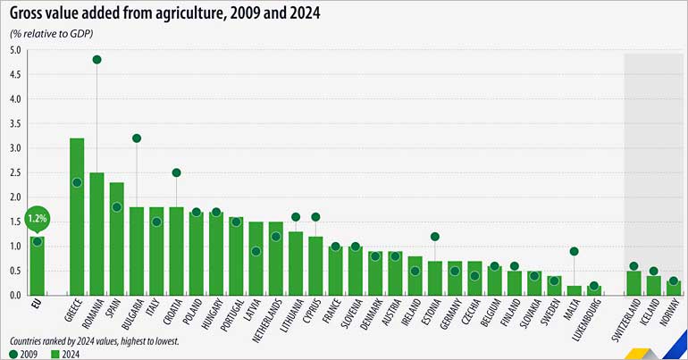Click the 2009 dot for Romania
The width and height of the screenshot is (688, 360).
click(x=96, y=60)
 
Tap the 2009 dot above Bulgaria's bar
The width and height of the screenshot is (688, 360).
click(x=137, y=138)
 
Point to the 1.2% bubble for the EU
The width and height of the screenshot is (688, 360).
click(x=37, y=218)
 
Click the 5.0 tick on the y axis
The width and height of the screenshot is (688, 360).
click(x=15, y=50)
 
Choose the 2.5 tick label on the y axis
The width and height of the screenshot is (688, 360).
click(x=15, y=172)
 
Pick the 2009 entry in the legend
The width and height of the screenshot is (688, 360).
click(x=24, y=354)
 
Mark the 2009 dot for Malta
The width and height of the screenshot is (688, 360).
click(x=574, y=251)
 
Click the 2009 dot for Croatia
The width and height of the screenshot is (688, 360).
click(x=176, y=172)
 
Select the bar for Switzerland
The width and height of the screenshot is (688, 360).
click(x=633, y=282)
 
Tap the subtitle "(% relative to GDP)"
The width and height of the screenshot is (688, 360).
click(x=52, y=33)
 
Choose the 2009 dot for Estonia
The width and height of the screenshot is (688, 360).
click(x=435, y=237)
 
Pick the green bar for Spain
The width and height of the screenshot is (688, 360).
click(x=116, y=239)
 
